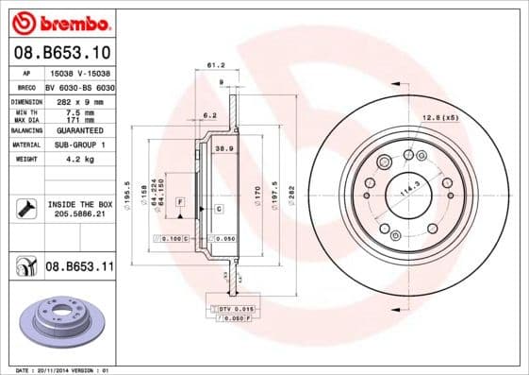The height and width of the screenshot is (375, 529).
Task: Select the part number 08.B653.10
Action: pyautogui.click(x=62, y=52)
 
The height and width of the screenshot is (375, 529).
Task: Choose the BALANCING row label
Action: pyautogui.click(x=25, y=131)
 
